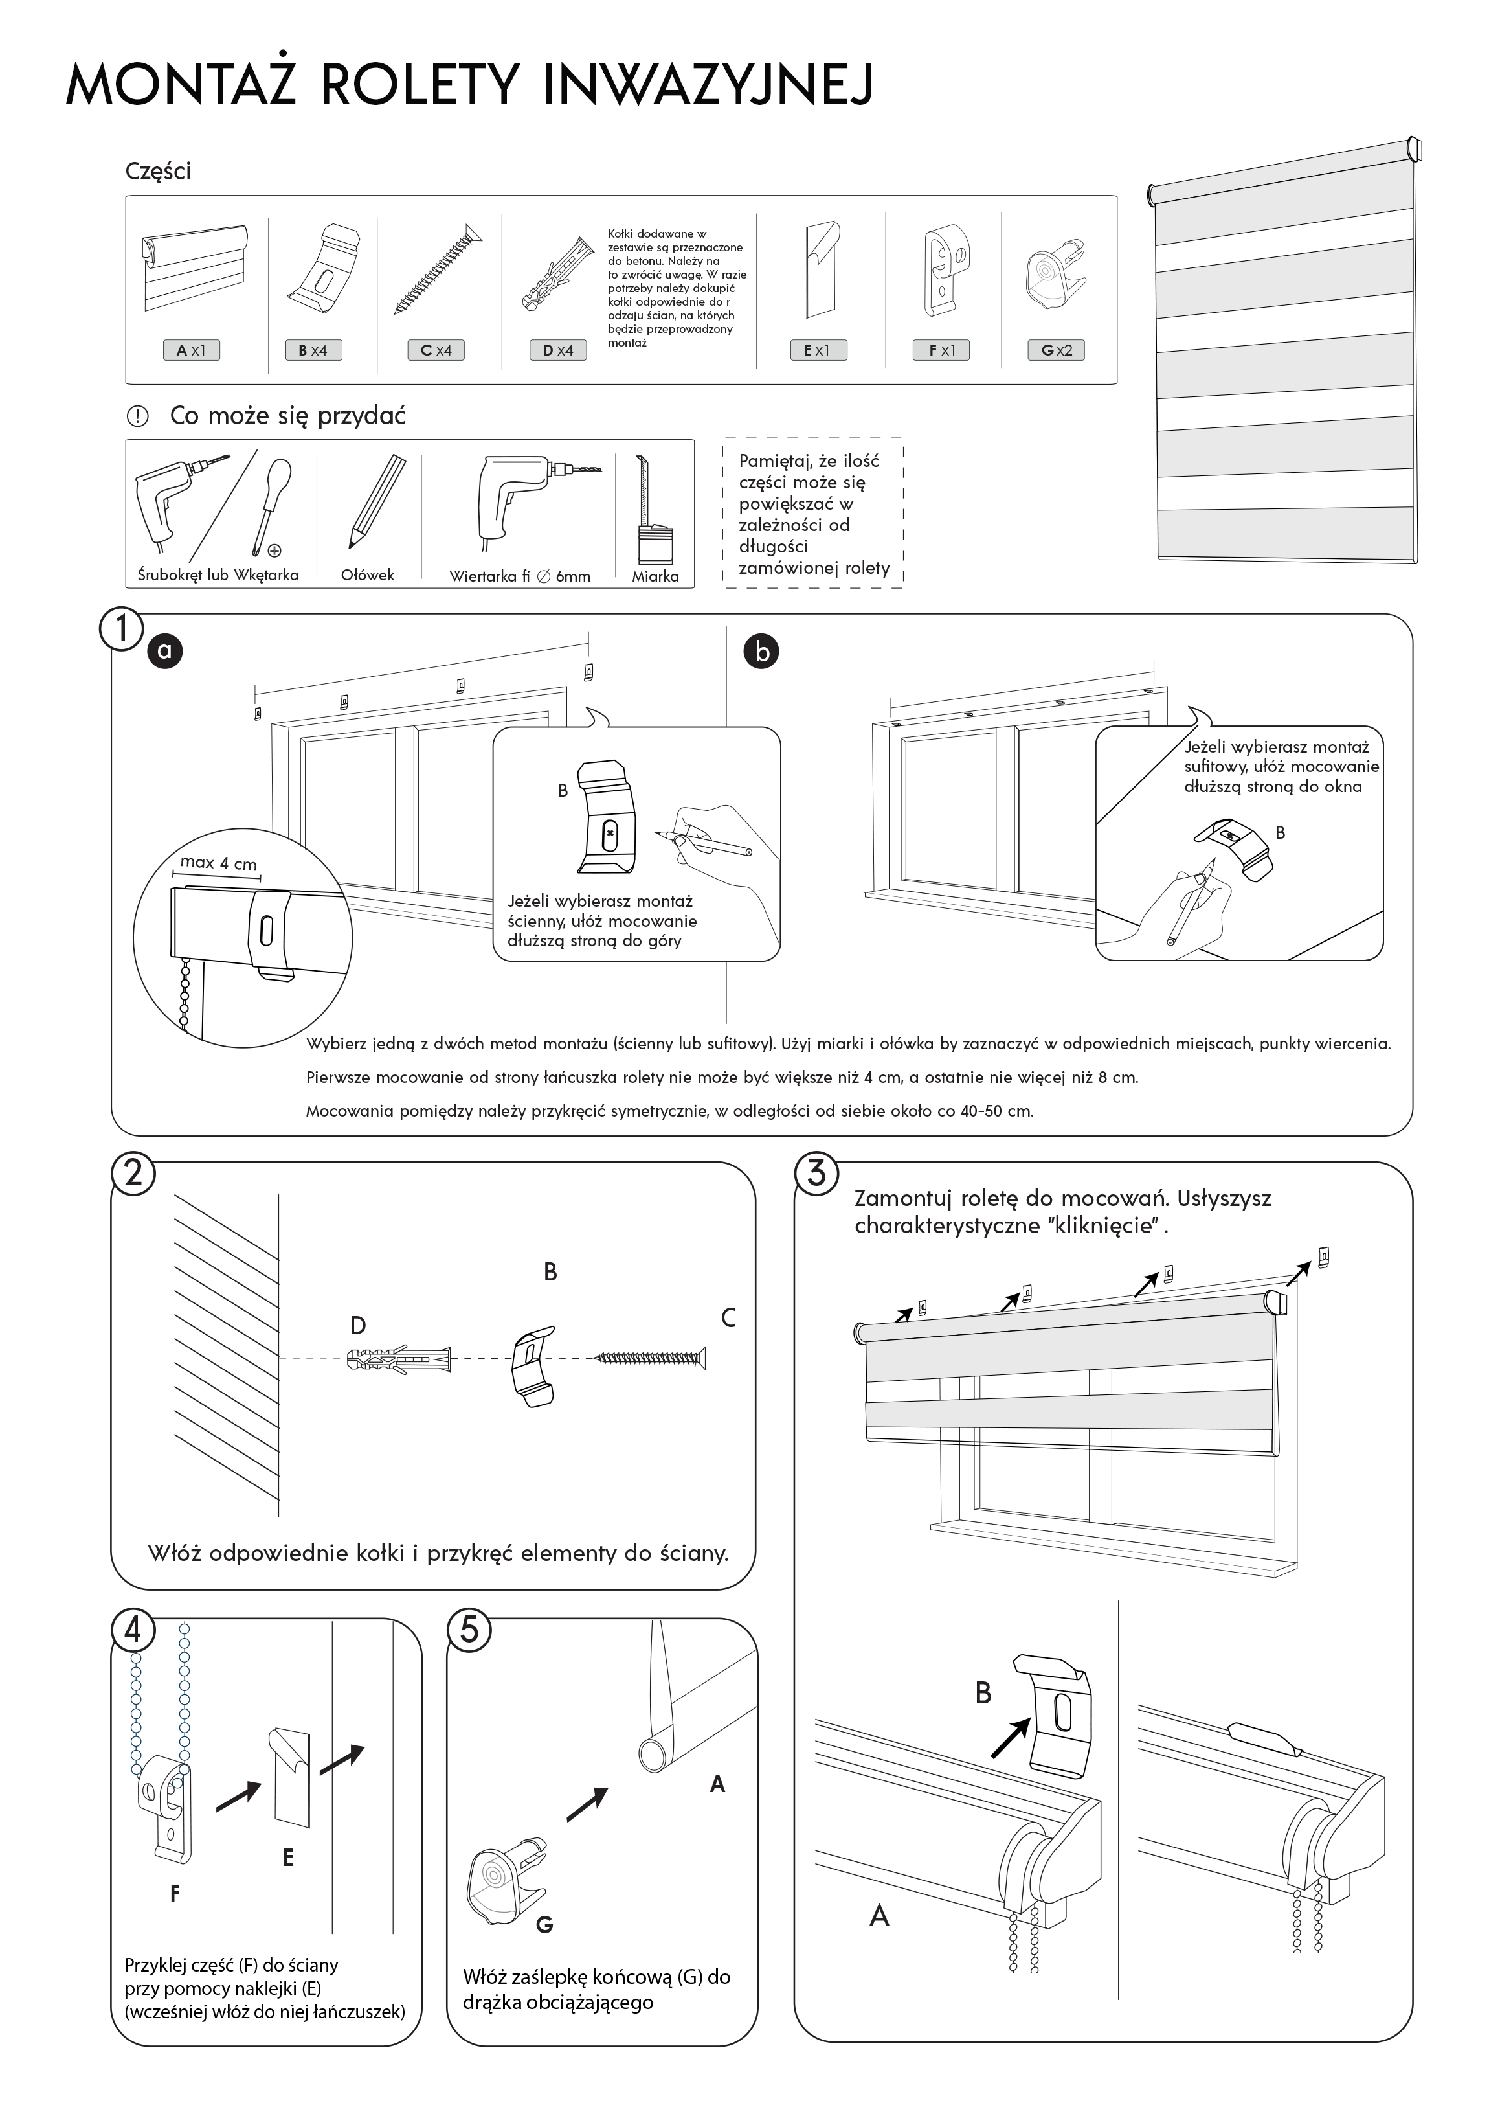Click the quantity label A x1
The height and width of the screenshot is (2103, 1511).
[x=191, y=350]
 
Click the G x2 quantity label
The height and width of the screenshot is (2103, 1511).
[x=1056, y=350]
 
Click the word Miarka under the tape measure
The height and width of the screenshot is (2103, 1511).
[x=655, y=576]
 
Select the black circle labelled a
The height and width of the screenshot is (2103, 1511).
[x=165, y=651]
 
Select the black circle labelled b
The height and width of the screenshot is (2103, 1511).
[x=762, y=652]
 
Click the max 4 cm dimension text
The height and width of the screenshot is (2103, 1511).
[x=219, y=862]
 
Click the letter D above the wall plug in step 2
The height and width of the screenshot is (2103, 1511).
[x=358, y=1326]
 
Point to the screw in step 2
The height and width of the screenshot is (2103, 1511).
[x=649, y=1358]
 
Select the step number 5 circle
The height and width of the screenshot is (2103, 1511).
[x=469, y=1629]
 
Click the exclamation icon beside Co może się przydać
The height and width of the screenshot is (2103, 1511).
[x=137, y=417]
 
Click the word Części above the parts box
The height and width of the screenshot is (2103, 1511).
[x=157, y=172]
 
